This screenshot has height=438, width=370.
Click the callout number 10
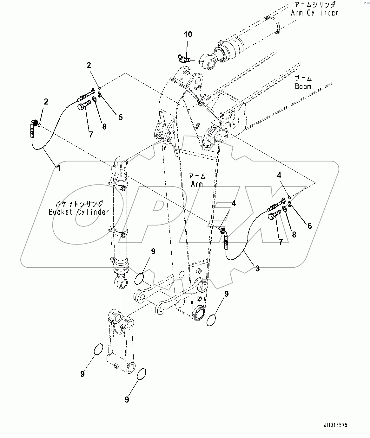(188, 35)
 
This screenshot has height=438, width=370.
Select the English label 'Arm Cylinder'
(315, 13)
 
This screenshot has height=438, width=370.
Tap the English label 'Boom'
(303, 86)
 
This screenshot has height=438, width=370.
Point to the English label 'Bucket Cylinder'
(79, 212)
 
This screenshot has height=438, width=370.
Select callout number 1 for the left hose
(58, 168)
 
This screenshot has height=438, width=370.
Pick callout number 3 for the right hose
(257, 269)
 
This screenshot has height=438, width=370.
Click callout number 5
(120, 117)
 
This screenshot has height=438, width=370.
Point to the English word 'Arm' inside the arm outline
(197, 184)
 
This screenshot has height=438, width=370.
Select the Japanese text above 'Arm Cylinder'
(315, 5)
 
